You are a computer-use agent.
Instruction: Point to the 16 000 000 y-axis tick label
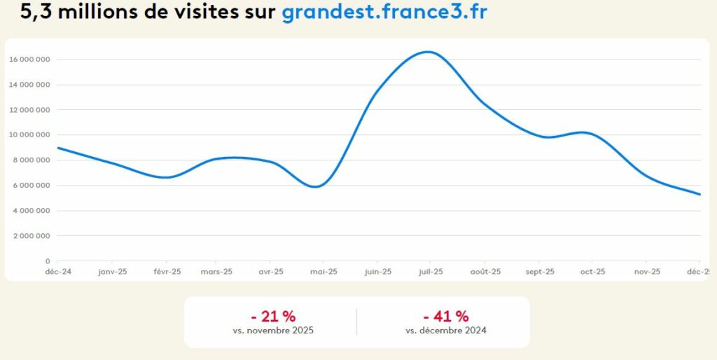[x=29, y=60]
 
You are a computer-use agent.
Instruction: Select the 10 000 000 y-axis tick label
[x=29, y=135]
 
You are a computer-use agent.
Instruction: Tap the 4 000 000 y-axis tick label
[x=32, y=211]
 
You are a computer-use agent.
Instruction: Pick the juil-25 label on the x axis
[x=431, y=272]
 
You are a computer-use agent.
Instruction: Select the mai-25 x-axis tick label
[x=323, y=272]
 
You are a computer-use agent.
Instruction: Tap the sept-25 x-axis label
[x=539, y=272]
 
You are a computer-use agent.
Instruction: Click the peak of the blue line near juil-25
[x=429, y=52]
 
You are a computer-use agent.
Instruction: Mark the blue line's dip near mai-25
[x=317, y=186]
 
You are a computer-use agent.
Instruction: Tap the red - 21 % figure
[x=273, y=316]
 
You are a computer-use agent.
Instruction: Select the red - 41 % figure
[x=446, y=316]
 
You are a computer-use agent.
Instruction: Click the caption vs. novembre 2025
[x=273, y=330]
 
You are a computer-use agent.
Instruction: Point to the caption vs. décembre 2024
[x=446, y=330]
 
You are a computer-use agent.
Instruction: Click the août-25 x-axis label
[x=485, y=272]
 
